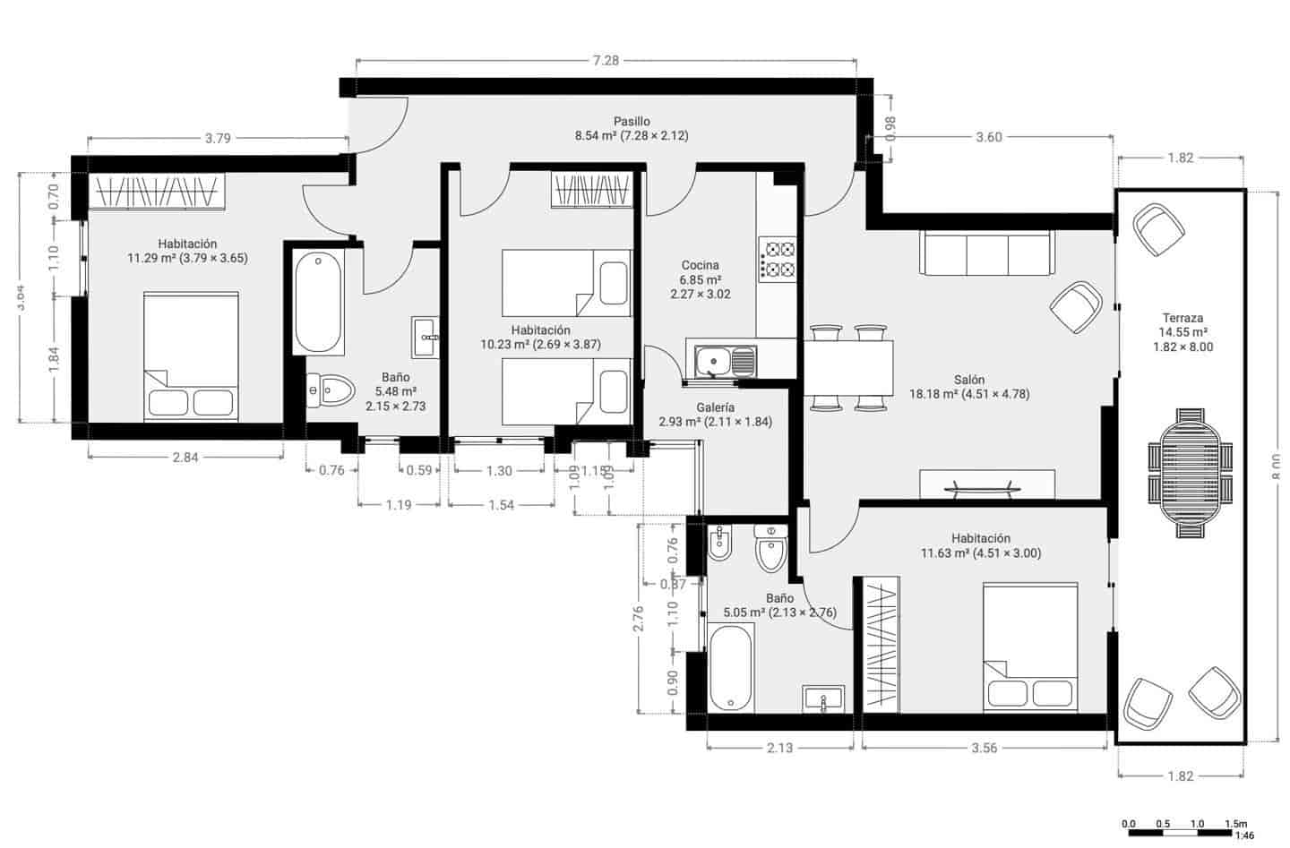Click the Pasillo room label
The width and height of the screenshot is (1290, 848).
(x=632, y=122)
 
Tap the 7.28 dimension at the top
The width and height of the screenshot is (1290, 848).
(x=606, y=61)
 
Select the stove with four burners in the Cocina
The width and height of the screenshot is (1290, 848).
(x=778, y=259)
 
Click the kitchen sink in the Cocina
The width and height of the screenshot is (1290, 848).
(x=721, y=361)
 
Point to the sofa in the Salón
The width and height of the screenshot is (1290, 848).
(x=985, y=253)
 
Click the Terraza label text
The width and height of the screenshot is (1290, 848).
(x=1182, y=318)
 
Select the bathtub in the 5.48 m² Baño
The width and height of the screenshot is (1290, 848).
(x=318, y=303)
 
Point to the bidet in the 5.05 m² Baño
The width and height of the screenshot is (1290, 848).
(x=720, y=543)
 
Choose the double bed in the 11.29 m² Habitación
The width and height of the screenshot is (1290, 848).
(x=191, y=355)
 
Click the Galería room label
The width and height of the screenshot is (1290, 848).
(x=715, y=407)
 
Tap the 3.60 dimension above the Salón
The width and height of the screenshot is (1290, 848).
(x=988, y=137)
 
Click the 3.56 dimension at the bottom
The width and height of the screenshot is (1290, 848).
(x=984, y=748)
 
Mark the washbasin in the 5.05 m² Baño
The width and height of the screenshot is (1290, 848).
(x=823, y=698)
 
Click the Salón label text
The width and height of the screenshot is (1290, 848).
(x=969, y=380)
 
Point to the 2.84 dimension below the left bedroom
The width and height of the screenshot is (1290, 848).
(x=185, y=458)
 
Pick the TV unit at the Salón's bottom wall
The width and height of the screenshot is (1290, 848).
(x=986, y=484)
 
